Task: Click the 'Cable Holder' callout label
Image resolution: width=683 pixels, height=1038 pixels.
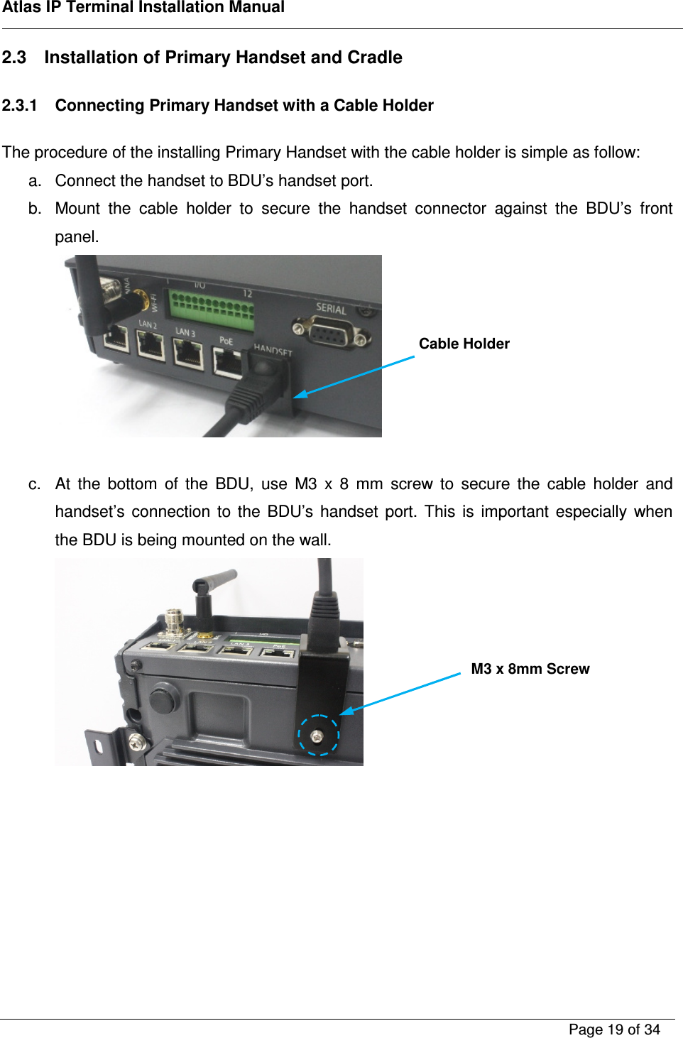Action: (x=464, y=344)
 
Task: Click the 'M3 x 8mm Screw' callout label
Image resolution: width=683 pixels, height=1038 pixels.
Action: (x=530, y=669)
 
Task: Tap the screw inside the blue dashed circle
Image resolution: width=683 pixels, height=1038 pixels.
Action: (x=317, y=736)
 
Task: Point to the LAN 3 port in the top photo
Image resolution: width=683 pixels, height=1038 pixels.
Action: (x=188, y=354)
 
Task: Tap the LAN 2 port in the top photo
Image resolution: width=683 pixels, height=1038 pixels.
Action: (x=151, y=346)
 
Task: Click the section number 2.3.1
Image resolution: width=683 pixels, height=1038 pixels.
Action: (x=19, y=106)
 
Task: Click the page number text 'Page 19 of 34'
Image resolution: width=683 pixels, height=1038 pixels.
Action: (x=614, y=1029)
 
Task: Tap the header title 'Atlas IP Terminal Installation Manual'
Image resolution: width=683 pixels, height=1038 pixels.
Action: (x=143, y=8)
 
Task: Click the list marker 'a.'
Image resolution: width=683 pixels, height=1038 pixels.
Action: (x=35, y=181)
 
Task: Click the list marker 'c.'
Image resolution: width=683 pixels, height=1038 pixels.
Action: (x=35, y=484)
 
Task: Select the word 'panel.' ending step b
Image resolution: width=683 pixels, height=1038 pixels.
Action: (x=77, y=237)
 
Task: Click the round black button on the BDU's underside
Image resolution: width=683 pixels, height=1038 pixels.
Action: (x=163, y=699)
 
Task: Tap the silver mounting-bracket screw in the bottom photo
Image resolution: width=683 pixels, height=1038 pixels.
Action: (x=136, y=743)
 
